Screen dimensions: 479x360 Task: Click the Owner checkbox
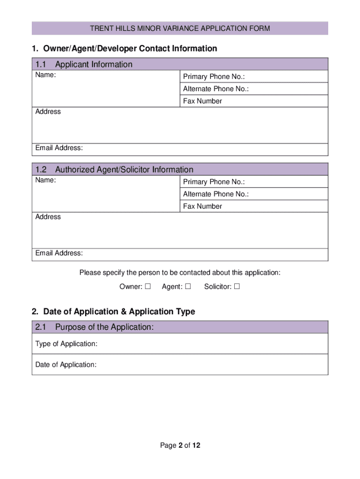coord(148,287)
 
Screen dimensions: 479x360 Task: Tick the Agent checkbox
coord(188,287)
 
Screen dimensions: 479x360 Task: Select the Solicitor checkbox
coord(237,287)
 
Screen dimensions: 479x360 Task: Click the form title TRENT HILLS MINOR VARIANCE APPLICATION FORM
coord(180,29)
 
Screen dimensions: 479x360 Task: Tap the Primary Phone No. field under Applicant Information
coord(285,77)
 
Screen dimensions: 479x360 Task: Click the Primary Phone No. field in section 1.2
coord(285,182)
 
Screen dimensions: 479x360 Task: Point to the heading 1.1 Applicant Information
coord(84,65)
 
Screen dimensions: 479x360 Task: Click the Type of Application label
coord(66,344)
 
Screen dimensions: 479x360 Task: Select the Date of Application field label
coord(66,365)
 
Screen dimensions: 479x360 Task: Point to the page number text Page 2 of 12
coord(180,446)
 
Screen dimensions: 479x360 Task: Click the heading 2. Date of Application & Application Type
coord(114,312)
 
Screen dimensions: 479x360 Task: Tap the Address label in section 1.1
coord(48,112)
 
